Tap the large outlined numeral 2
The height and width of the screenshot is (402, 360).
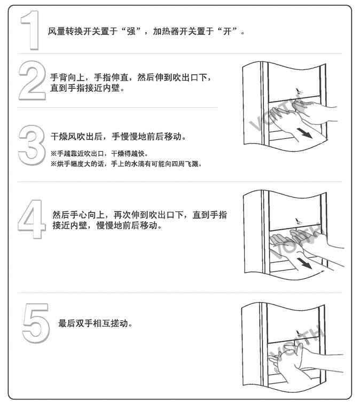coord(33,81)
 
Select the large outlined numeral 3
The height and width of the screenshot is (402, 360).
coord(32,145)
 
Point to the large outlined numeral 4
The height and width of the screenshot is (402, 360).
coord(32,219)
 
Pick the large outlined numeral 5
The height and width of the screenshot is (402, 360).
coord(36,323)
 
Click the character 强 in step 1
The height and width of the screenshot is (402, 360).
coord(131,31)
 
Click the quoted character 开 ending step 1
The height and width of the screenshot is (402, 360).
coord(228,31)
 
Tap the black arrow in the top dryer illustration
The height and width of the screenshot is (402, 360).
coord(304,133)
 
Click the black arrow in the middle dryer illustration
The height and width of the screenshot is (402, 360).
coord(304,263)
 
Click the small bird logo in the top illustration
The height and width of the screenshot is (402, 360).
coord(299,91)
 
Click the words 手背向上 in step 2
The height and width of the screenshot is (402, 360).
coord(67,77)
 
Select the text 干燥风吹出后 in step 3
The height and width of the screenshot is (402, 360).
coord(77,136)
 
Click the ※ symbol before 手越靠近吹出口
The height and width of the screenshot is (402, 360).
coord(53,154)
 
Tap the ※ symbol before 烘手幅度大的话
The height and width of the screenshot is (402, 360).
coord(53,164)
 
